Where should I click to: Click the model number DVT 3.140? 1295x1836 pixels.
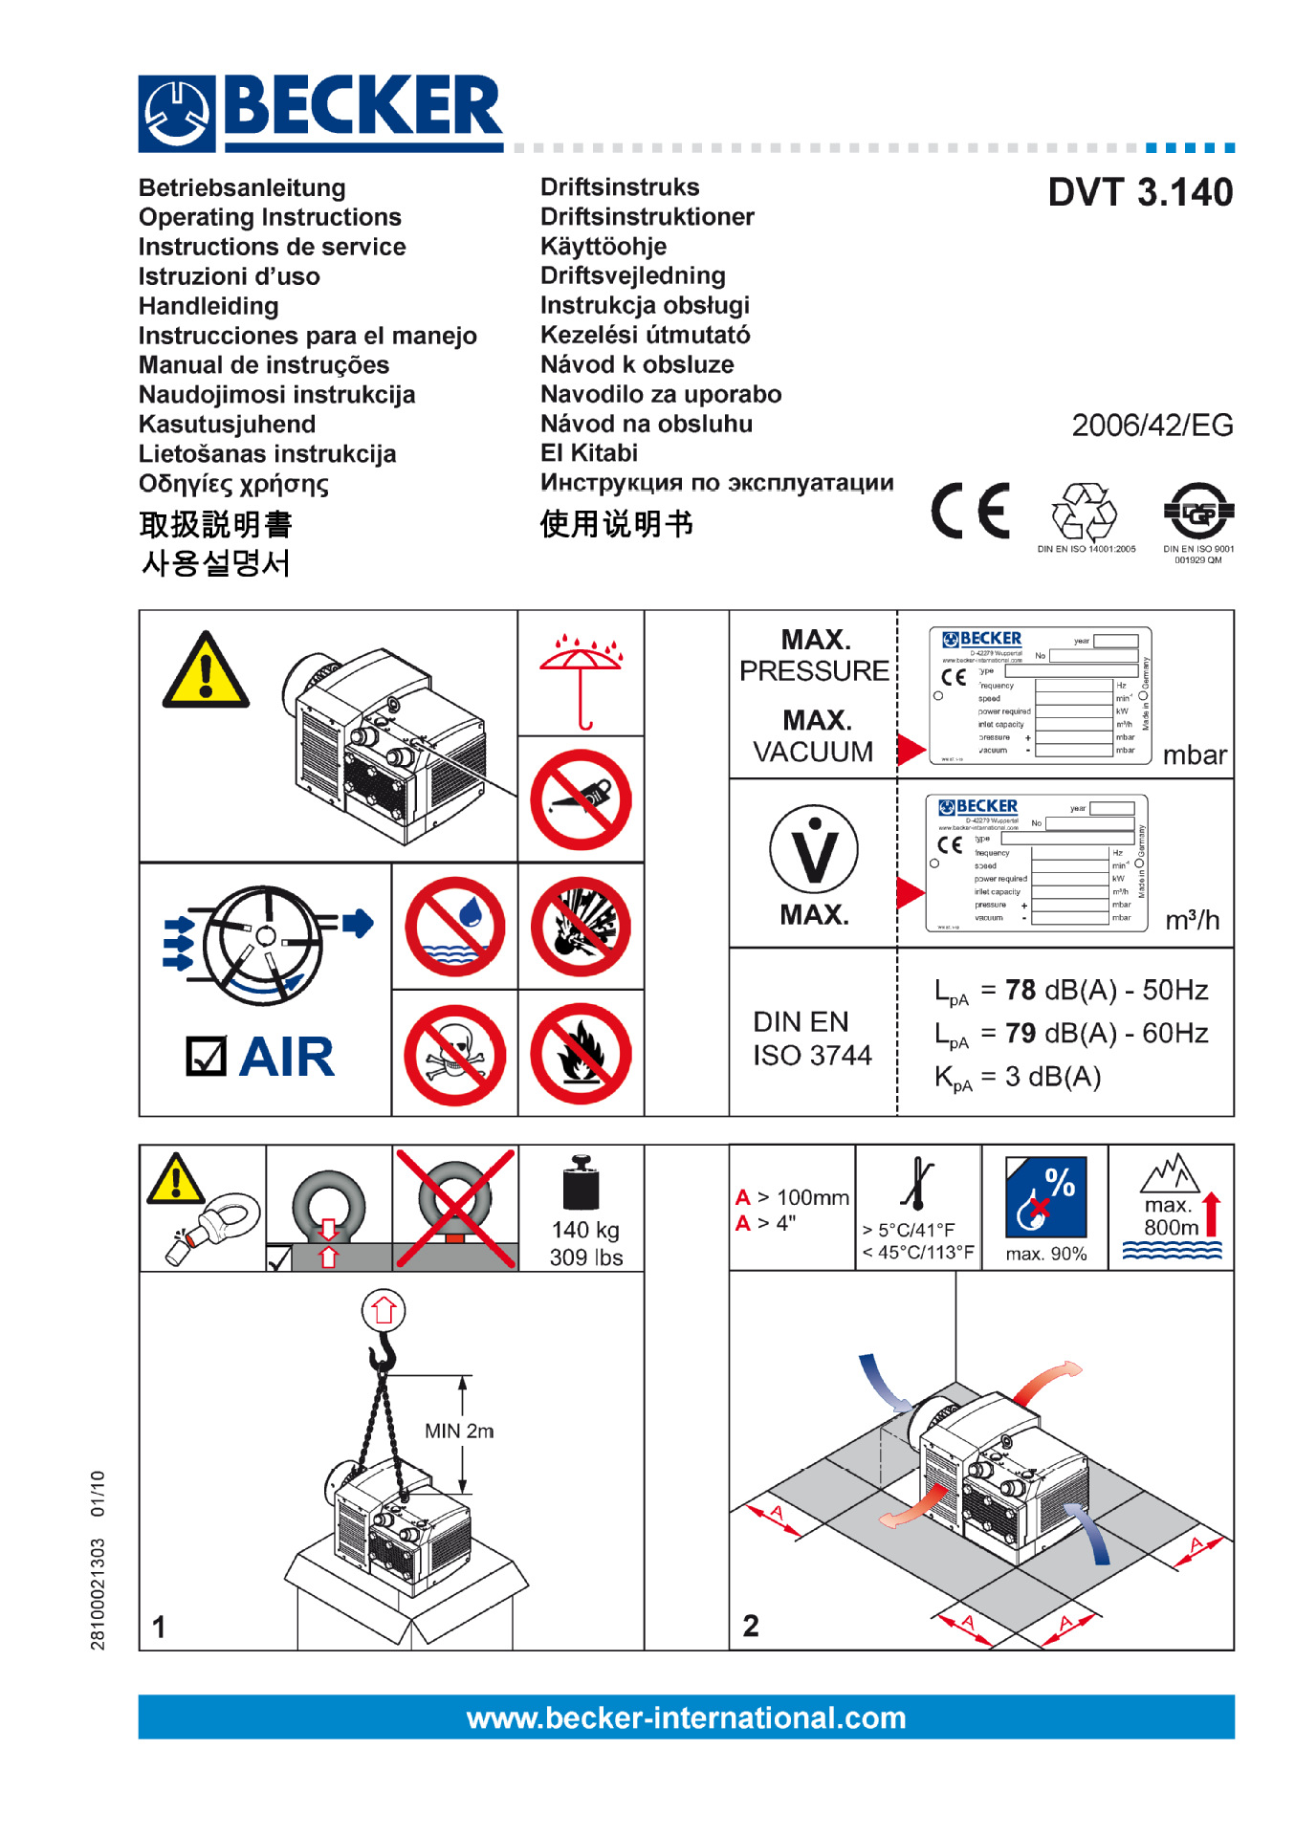coord(1139,193)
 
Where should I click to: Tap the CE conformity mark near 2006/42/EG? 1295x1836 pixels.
coord(970,511)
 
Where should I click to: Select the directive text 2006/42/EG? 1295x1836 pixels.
coord(1152,426)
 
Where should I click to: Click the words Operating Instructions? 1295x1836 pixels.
coord(270,217)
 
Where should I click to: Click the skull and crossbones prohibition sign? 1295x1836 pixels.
coord(454,1054)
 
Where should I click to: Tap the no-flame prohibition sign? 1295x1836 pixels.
coord(581,1054)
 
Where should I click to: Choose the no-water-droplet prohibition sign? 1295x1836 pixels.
coord(454,927)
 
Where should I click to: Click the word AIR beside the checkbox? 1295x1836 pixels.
coord(287,1058)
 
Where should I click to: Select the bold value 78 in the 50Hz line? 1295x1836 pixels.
coord(1021,991)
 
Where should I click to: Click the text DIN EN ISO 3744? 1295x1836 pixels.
coord(812,1038)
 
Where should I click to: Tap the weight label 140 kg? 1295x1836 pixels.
coord(585,1230)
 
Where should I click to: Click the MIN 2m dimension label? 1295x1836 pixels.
coord(458,1432)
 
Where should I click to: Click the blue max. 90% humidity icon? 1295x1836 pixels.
coord(1045,1198)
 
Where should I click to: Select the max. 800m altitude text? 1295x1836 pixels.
coord(1170,1216)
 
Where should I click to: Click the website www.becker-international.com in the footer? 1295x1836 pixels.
coord(686,1718)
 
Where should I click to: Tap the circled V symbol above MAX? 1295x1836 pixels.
coord(814,850)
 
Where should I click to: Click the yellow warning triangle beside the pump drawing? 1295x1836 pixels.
coord(206,672)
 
